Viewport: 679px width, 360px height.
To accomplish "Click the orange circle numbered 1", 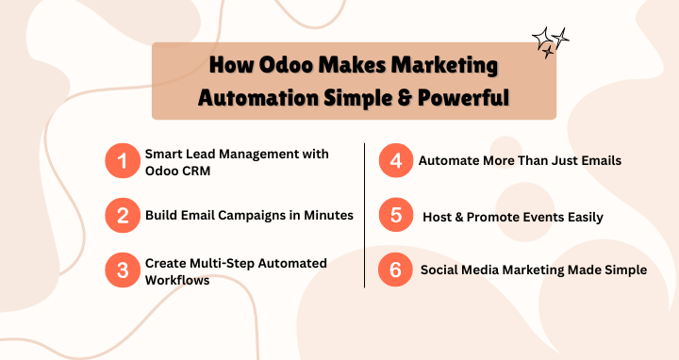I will coord(121,161).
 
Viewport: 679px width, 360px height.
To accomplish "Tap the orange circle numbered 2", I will coord(121,216).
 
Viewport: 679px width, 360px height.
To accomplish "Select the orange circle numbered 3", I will coord(121,270).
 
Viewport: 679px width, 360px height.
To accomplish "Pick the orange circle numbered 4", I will coord(394,161).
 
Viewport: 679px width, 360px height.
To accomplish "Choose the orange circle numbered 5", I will coord(394,216).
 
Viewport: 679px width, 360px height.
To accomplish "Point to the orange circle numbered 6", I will coord(394,270).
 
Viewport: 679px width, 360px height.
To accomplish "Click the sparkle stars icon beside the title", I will coord(551,41).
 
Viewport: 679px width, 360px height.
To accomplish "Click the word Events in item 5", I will coord(545,216).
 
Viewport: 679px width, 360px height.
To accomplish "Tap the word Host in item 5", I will coord(438,216).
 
